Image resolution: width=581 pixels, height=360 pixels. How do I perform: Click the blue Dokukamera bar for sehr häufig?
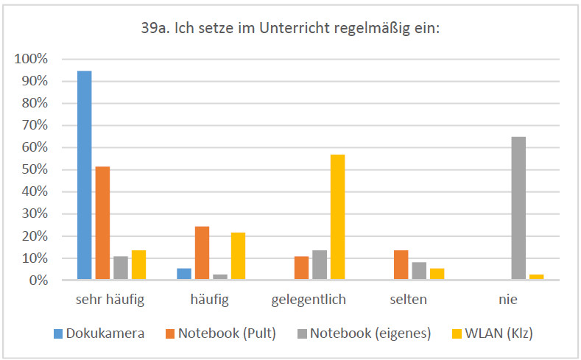coord(85,175)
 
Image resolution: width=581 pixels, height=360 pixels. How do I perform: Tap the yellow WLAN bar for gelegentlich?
coord(337,217)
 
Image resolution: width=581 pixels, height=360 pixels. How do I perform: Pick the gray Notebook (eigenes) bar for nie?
coord(518,208)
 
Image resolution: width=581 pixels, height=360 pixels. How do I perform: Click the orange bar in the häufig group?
coord(202,253)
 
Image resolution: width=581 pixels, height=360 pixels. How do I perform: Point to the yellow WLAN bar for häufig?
coord(238,256)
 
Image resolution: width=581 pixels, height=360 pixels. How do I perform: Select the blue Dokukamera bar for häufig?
coord(184,274)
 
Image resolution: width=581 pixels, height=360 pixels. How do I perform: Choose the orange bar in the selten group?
coord(401,265)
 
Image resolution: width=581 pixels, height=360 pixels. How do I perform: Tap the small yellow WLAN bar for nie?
coord(536,277)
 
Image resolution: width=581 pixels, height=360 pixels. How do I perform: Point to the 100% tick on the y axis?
coord(31,58)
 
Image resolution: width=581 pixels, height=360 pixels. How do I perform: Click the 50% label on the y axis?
coord(34,169)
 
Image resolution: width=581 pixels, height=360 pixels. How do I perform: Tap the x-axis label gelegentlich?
coord(309,300)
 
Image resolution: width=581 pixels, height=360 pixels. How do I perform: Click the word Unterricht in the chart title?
coord(295,29)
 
